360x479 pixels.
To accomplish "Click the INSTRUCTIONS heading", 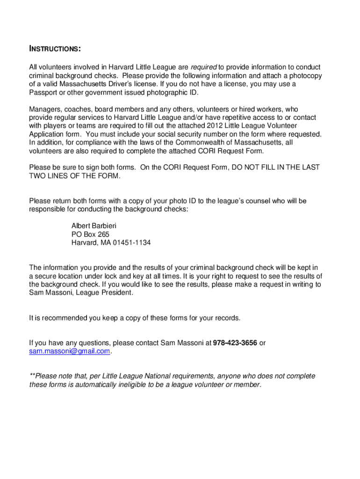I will [x=55, y=49].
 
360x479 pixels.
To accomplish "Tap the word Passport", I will [x=43, y=93].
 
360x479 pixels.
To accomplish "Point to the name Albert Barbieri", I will [x=94, y=226].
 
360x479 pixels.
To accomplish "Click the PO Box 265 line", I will [x=90, y=234].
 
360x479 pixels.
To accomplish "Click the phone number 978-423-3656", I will [x=235, y=343].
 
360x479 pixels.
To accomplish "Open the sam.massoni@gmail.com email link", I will [x=70, y=351].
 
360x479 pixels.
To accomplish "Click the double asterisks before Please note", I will [x=32, y=376].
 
